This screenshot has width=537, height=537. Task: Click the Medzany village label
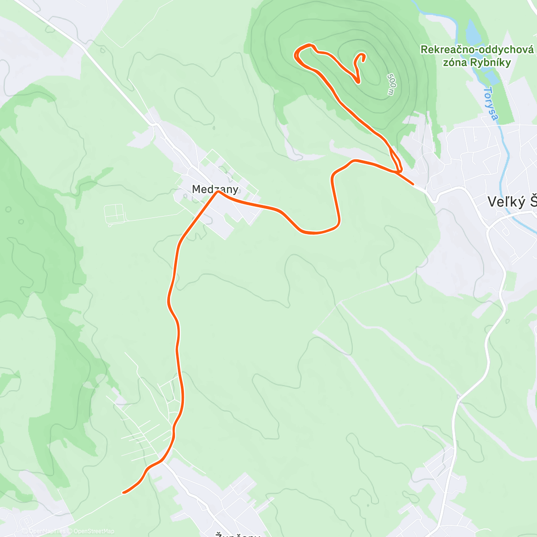click(215, 189)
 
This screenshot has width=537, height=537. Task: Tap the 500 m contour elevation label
click(391, 84)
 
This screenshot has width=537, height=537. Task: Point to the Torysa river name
click(491, 103)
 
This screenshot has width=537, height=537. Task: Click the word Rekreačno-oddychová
click(477, 50)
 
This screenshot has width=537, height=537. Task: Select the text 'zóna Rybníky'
click(477, 63)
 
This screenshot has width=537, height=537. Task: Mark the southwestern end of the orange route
click(124, 493)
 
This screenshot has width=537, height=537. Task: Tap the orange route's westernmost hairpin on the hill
click(295, 55)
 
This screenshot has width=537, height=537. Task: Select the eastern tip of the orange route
click(412, 183)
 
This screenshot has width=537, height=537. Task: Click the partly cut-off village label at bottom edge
click(237, 534)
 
